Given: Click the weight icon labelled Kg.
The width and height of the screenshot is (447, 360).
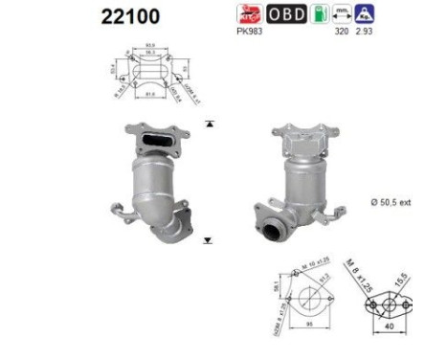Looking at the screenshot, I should [x=365, y=13].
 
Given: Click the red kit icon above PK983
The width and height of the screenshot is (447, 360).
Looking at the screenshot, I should [x=249, y=13].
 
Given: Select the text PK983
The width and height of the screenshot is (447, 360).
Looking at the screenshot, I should [x=249, y=30].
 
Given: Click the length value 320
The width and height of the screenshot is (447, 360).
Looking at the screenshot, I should [x=339, y=30].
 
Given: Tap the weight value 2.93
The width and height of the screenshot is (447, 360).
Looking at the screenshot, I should [x=365, y=30].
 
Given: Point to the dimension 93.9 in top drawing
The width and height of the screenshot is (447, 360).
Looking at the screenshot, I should [x=151, y=44].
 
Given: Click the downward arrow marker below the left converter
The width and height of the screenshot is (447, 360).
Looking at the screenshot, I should [x=208, y=239].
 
